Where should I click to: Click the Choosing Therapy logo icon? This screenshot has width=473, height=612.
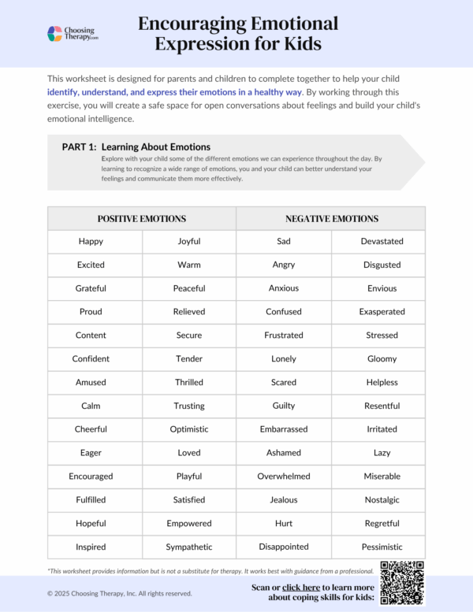tap(54, 34)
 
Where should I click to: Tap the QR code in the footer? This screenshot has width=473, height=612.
tap(402, 582)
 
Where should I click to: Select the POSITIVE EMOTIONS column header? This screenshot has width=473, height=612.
tap(142, 218)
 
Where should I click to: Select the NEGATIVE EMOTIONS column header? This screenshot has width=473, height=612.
tap(331, 218)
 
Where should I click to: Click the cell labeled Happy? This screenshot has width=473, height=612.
tap(91, 241)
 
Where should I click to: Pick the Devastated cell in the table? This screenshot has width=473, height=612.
tap(382, 241)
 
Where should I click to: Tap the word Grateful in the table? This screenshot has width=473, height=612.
tap(91, 288)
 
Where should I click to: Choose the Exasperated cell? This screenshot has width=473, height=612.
tap(382, 312)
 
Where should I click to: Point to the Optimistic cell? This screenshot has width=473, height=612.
tap(189, 429)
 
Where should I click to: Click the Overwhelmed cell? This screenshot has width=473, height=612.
tap(284, 477)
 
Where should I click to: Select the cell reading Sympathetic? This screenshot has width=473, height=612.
tap(189, 547)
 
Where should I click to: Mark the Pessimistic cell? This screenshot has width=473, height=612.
tap(382, 547)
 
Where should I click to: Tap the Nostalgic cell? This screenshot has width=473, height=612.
tap(382, 499)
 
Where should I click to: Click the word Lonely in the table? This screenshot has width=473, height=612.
tap(284, 358)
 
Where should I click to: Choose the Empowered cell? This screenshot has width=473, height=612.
tap(189, 523)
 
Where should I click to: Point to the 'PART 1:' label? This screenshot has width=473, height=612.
tap(79, 147)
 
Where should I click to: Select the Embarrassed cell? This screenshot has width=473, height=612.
tap(284, 429)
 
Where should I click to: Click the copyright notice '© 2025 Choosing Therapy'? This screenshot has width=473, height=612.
tap(119, 593)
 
